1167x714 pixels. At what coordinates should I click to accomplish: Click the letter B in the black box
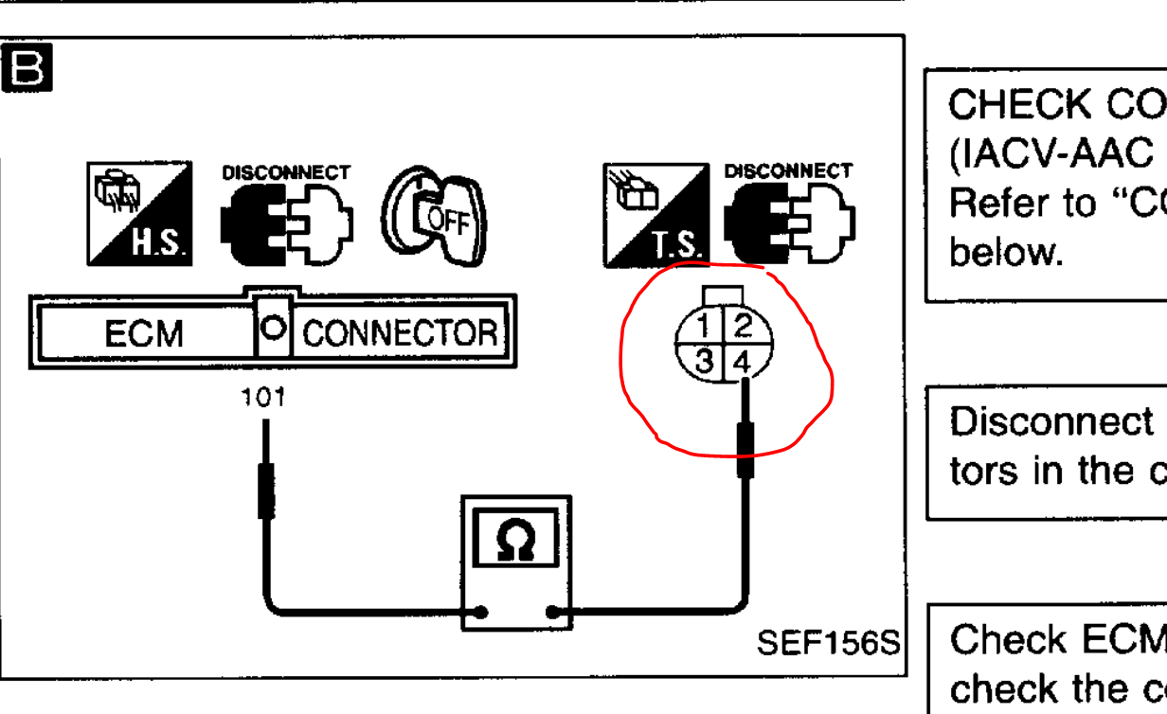click(27, 68)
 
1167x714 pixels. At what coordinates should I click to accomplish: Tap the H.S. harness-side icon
click(139, 213)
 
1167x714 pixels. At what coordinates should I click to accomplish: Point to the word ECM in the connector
click(143, 332)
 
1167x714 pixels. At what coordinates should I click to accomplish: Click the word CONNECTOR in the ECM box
click(400, 332)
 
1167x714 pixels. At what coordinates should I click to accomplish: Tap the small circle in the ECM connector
click(273, 327)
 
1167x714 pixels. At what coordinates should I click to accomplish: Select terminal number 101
click(263, 398)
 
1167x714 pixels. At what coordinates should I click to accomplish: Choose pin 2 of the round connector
click(743, 327)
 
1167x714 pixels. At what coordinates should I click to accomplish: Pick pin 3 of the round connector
click(703, 361)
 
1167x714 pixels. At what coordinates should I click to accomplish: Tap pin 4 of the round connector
click(742, 362)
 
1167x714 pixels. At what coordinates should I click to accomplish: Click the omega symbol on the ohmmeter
click(516, 540)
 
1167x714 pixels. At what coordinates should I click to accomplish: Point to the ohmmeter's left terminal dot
click(481, 612)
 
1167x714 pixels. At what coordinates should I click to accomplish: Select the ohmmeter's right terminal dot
click(553, 612)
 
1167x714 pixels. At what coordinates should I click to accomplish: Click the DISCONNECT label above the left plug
click(285, 173)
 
